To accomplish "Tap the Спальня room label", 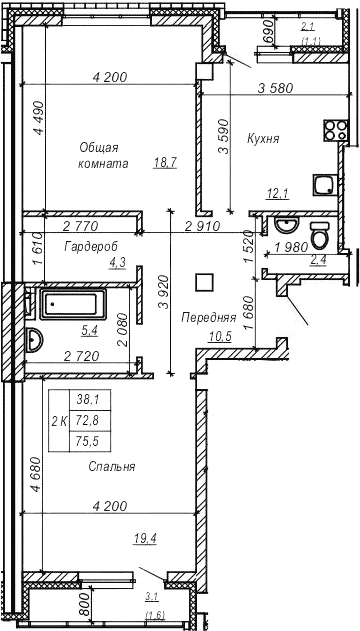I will (x=111, y=466).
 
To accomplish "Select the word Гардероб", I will (x=87, y=245).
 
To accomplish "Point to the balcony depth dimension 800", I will (x=85, y=605).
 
